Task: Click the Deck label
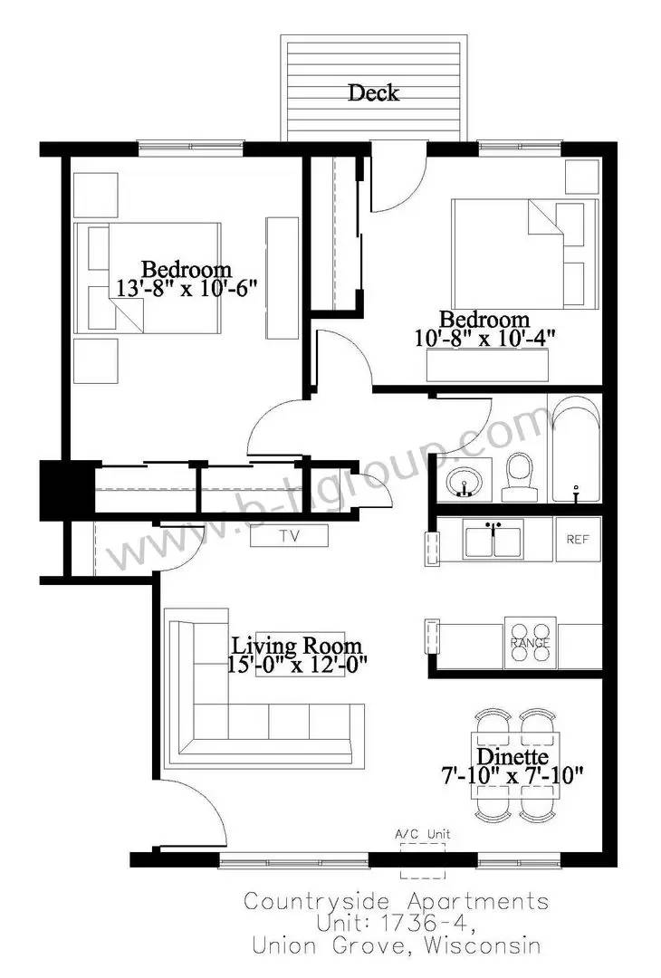(x=374, y=92)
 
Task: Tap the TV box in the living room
(x=290, y=536)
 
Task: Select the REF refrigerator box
(x=578, y=540)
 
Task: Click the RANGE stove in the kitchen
(x=530, y=642)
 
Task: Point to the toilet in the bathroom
(x=520, y=476)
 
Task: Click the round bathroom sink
(x=464, y=482)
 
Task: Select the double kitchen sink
(x=493, y=540)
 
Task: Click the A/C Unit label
(x=423, y=834)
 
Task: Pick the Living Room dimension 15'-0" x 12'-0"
(x=297, y=665)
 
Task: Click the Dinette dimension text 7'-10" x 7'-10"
(x=512, y=776)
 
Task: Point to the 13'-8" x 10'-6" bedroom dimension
(x=187, y=289)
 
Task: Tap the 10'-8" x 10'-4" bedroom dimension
(x=484, y=338)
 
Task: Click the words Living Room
(x=297, y=645)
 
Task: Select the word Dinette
(x=513, y=756)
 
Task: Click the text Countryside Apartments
(x=396, y=902)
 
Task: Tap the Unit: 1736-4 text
(x=397, y=924)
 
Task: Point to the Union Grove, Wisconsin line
(x=396, y=945)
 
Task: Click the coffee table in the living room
(x=300, y=654)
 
